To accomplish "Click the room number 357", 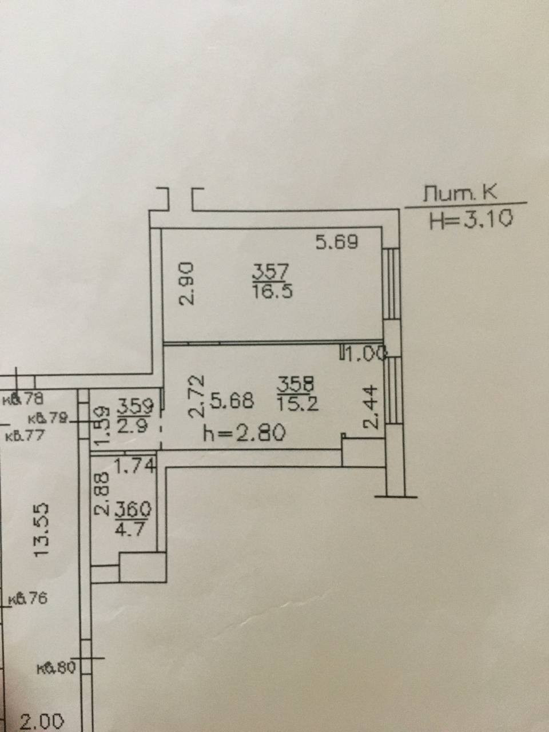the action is [x=272, y=270].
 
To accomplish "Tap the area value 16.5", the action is [x=272, y=292].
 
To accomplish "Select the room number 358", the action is [x=297, y=382].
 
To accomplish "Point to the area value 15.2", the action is [x=297, y=403].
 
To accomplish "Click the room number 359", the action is [x=136, y=405].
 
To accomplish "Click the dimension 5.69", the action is [x=337, y=242].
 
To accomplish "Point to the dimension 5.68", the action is [x=232, y=401].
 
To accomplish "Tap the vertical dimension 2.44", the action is [x=371, y=407].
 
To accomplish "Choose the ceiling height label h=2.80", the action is [x=245, y=434].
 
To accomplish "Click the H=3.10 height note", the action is [x=470, y=219].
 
